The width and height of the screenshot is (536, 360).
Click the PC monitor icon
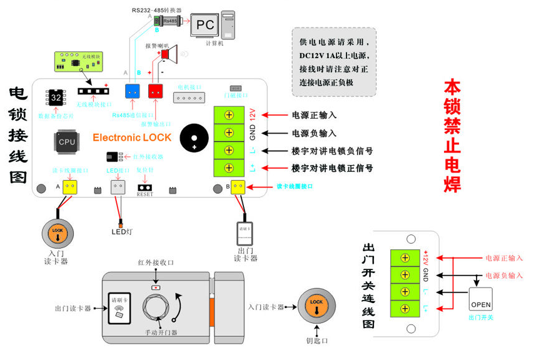point(206,25)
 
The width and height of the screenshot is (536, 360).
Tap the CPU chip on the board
point(67,141)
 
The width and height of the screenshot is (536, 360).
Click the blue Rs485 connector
point(132,91)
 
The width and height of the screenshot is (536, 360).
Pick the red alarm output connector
point(155,91)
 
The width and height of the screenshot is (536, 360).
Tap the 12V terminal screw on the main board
point(230,115)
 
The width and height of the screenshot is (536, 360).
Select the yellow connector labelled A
point(69,187)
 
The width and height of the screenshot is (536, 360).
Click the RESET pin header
point(145,187)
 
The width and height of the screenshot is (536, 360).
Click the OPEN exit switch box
point(481,299)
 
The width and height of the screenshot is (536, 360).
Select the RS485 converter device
point(167,21)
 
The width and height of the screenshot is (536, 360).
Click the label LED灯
point(120,232)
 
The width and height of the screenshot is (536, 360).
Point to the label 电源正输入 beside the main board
point(314,115)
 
